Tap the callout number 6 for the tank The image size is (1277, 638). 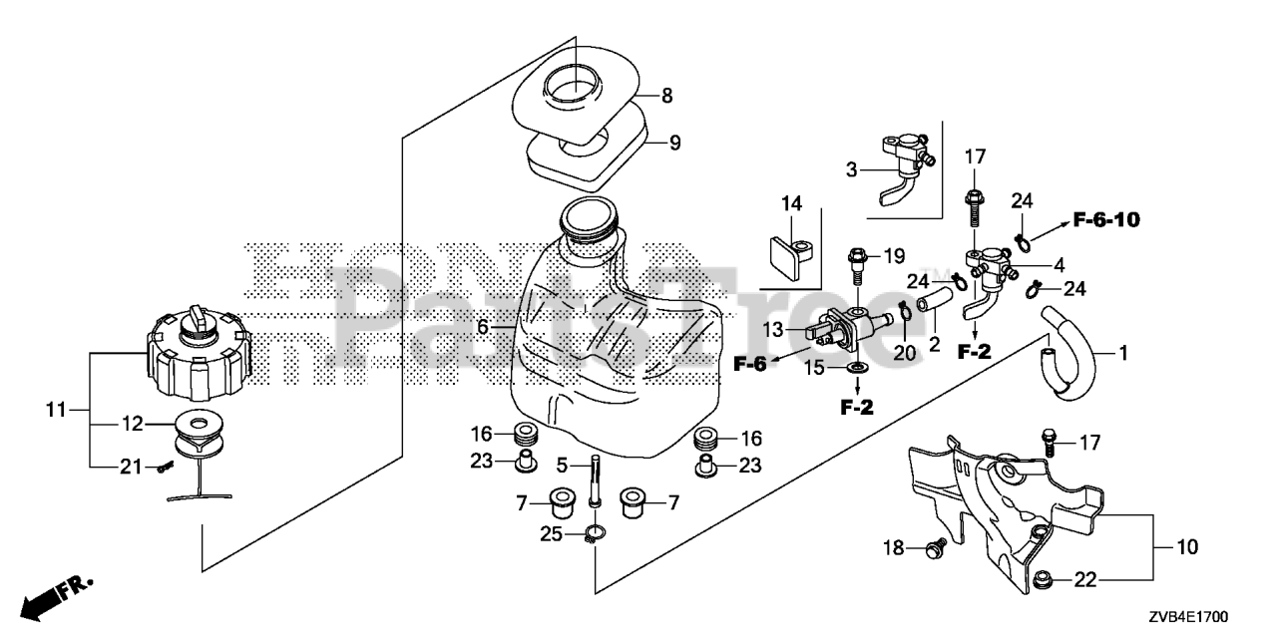point(482,326)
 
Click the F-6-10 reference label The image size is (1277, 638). point(1106,219)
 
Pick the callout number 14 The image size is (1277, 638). point(791,204)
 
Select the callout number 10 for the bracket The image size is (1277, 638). point(1188,547)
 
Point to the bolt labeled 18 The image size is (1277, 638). point(936,546)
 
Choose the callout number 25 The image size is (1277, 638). point(550,536)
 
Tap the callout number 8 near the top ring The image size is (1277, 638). point(666,97)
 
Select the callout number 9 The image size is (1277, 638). point(674,143)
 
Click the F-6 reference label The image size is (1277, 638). point(749,364)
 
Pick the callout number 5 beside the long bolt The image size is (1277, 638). point(562,464)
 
